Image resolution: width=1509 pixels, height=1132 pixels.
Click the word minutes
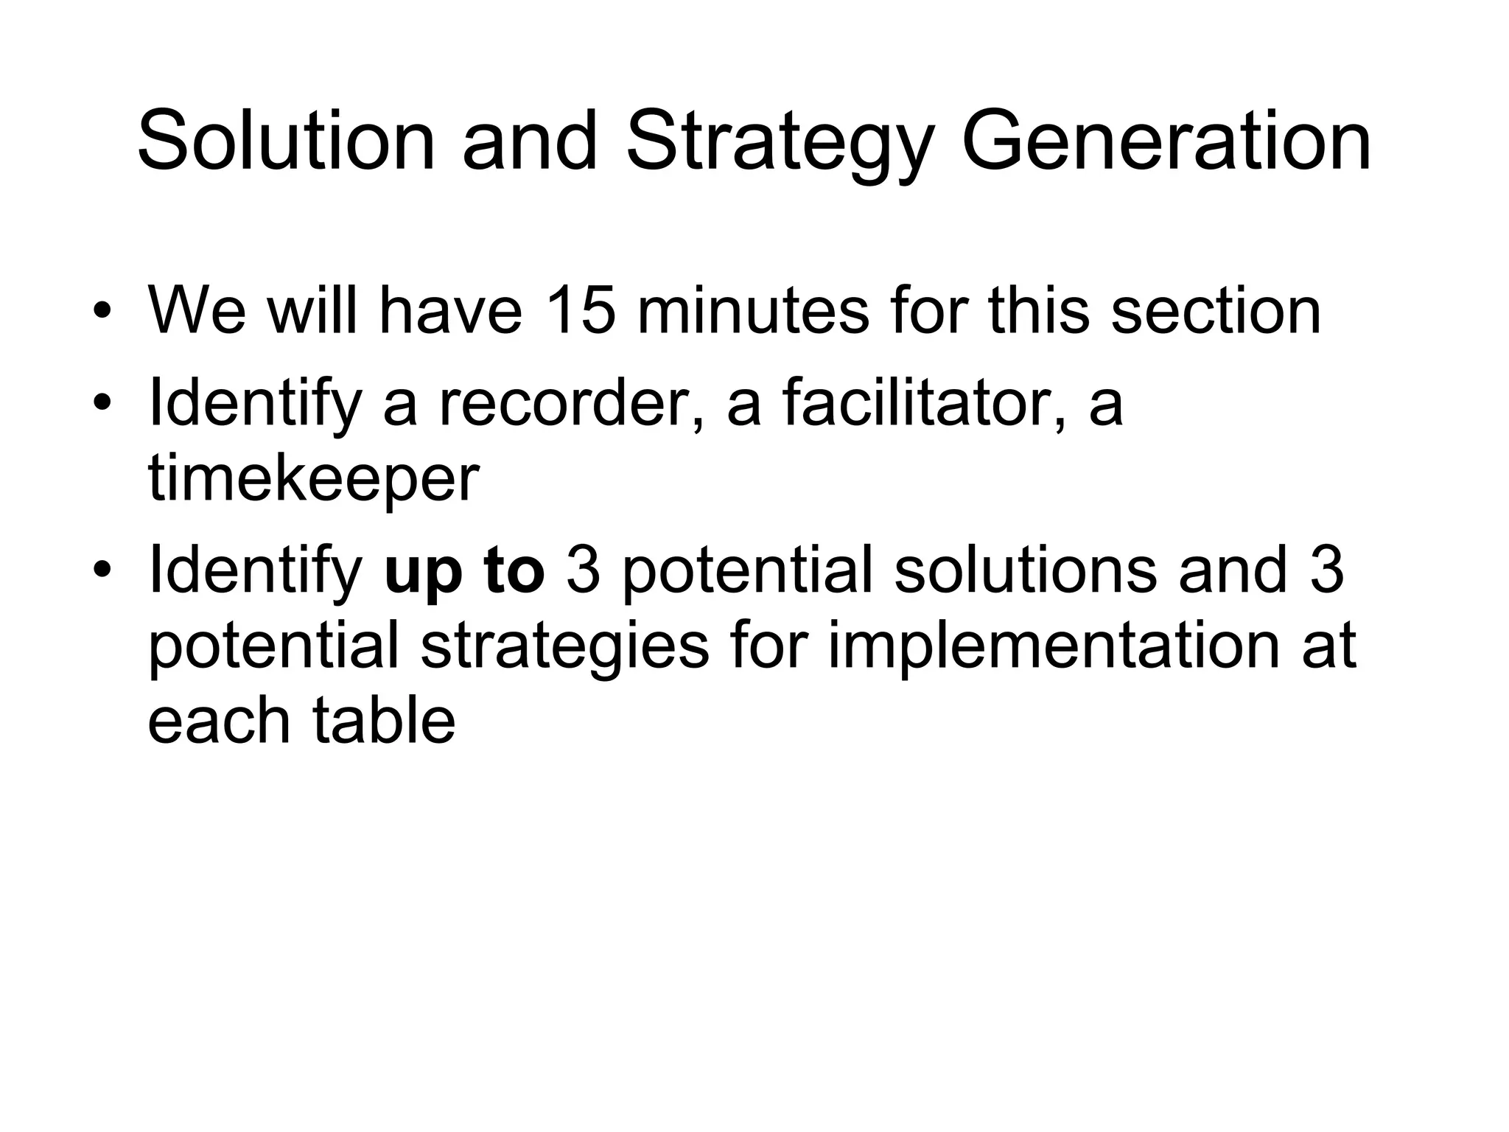[752, 310]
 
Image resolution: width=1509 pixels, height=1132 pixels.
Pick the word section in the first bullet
[1215, 310]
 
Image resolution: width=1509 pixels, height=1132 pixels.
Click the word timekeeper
[314, 481]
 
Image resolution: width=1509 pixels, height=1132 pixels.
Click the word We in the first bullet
[197, 310]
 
